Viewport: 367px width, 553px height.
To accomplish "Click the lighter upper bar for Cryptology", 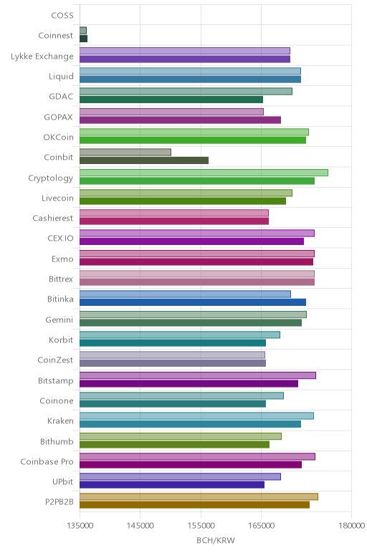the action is [x=204, y=173].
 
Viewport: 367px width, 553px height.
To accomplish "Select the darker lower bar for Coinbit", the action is [x=144, y=160].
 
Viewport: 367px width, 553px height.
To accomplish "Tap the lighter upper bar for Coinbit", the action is [x=125, y=153].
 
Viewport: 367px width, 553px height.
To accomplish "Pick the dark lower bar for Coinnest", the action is [x=83, y=39].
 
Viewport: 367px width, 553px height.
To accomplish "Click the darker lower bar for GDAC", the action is [x=171, y=100].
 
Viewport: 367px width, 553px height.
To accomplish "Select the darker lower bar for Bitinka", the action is [x=193, y=302].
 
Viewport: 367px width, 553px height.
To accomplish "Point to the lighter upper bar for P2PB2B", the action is [x=199, y=496].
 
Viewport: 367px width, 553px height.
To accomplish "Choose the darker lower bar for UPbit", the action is [x=172, y=485].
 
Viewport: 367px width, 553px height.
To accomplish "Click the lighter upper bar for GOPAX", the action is [x=171, y=112].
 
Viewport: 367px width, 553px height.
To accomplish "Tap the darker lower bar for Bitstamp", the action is [x=189, y=383].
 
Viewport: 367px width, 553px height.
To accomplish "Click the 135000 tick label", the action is [x=80, y=526].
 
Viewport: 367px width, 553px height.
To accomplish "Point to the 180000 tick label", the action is [x=351, y=526].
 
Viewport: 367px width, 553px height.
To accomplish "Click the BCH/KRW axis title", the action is [x=216, y=540].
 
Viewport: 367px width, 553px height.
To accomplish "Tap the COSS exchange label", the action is [x=62, y=16].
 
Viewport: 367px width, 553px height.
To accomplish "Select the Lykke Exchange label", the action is [x=42, y=57].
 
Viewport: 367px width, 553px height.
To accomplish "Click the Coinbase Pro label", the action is [x=47, y=461].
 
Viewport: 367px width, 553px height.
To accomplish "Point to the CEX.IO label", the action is [x=61, y=239].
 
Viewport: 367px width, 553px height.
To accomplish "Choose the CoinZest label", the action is [x=55, y=360].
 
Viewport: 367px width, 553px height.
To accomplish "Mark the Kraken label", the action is [x=61, y=421].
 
